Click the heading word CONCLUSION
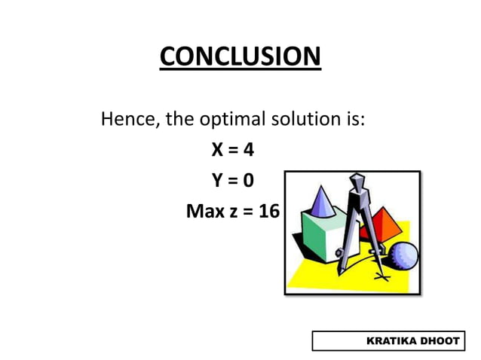pyautogui.click(x=240, y=56)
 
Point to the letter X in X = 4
pyautogui.click(x=216, y=150)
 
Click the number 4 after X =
pyautogui.click(x=248, y=150)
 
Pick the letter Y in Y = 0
pyautogui.click(x=216, y=181)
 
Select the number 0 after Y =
pyautogui.click(x=248, y=181)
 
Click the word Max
pyautogui.click(x=202, y=212)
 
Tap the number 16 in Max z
pyautogui.click(x=268, y=212)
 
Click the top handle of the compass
pyautogui.click(x=357, y=182)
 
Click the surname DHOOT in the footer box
pyautogui.click(x=441, y=341)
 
